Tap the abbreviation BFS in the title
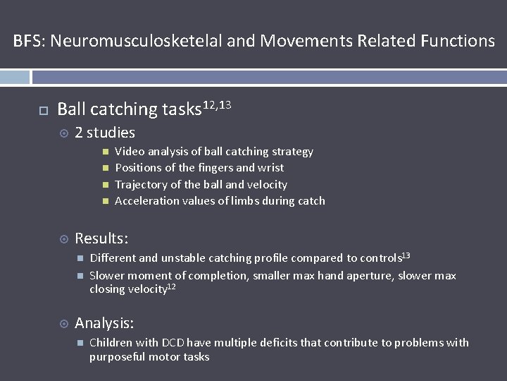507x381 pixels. coord(27,41)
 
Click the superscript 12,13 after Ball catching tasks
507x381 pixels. coord(217,104)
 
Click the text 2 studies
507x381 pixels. coord(105,133)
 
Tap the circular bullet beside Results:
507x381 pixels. coord(63,240)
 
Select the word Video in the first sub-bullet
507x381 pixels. coord(130,152)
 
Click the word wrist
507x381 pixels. coord(270,168)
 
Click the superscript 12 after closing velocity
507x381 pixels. coord(170,287)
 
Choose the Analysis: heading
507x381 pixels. coord(104,324)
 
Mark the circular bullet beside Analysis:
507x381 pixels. coord(63,325)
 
